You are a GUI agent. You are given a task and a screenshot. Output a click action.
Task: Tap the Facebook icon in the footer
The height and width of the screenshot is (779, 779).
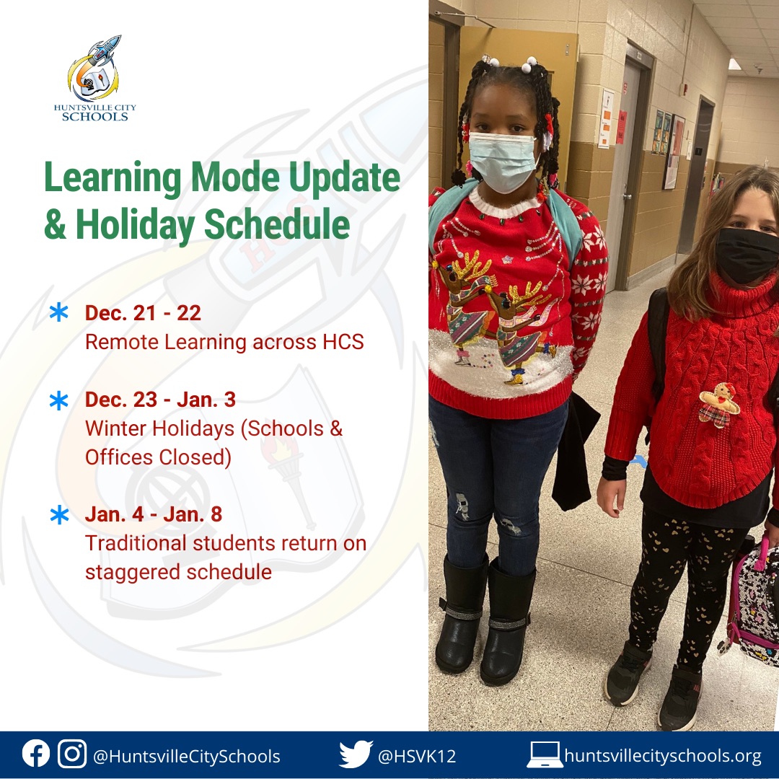coord(36,754)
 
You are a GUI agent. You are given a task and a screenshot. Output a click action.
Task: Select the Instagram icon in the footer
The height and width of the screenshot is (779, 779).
coord(72,754)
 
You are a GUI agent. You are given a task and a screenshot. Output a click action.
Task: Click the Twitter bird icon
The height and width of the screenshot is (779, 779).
coord(356,754)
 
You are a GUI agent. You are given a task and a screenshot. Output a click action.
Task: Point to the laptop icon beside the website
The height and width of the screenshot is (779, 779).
coord(545,754)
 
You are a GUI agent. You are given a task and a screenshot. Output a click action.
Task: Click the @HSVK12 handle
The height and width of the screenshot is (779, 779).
coord(417,756)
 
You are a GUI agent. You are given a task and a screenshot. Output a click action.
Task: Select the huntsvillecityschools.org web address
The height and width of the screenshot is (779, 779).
coord(663,756)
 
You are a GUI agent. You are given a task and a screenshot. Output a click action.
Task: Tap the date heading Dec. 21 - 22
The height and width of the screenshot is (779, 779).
coord(143,313)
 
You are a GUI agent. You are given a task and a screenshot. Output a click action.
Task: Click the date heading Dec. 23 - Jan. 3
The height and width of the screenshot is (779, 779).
coord(160,400)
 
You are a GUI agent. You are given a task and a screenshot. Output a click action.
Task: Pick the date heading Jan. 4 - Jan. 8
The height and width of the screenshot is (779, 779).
coord(154,514)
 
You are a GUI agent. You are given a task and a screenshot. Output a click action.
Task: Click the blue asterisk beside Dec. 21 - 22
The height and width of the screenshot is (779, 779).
coord(58,312)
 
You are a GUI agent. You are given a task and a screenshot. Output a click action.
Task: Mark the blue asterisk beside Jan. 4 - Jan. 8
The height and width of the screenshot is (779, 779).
coord(59,514)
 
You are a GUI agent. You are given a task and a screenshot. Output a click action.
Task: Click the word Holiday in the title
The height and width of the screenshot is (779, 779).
coord(135,224)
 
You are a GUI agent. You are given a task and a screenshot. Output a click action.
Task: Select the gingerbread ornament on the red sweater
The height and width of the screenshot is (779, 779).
coord(719,405)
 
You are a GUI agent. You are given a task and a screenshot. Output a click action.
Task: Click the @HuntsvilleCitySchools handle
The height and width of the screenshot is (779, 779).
coord(187,756)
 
